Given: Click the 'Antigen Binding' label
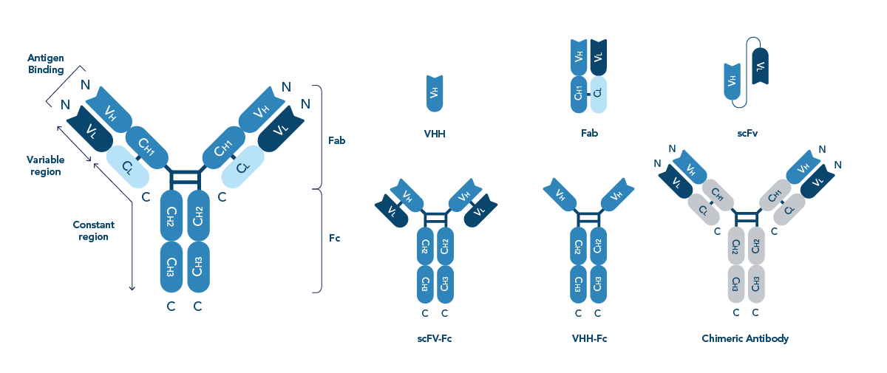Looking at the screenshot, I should (x=46, y=64).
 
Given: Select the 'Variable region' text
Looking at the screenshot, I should (x=45, y=165).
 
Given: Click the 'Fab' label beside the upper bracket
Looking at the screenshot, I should (x=337, y=140).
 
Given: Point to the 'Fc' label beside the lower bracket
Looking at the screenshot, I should (x=334, y=238).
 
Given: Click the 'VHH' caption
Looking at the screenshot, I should (x=435, y=134).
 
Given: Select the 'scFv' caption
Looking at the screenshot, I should (x=747, y=134).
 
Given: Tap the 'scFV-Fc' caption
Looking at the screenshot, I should (x=435, y=339).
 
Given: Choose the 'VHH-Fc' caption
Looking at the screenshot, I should (x=589, y=339).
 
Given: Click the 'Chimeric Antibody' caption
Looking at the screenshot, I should (x=745, y=339).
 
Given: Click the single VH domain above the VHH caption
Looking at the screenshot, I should (x=435, y=93).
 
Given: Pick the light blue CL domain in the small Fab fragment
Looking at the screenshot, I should (x=598, y=95).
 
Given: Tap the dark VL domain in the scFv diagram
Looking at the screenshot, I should (x=761, y=69).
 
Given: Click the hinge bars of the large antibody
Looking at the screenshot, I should (x=184, y=178).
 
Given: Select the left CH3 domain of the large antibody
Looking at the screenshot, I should (x=171, y=267).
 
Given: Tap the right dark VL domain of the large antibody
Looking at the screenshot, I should (x=279, y=130).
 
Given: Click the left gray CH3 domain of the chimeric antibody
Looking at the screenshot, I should (x=736, y=281).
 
